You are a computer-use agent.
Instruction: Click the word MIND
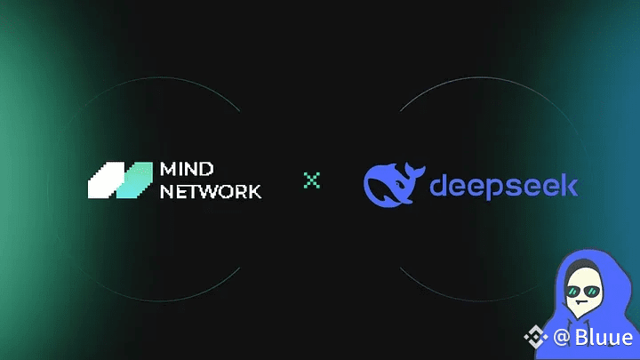pyautogui.click(x=187, y=169)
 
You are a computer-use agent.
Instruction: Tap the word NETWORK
pyautogui.click(x=211, y=191)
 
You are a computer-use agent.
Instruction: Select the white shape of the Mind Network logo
pyautogui.click(x=106, y=180)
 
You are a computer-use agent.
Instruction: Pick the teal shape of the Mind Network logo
pyautogui.click(x=135, y=180)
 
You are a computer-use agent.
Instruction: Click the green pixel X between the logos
pyautogui.click(x=312, y=180)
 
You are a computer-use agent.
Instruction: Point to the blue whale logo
pyautogui.click(x=394, y=185)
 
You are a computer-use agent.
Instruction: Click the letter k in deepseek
pyautogui.click(x=569, y=186)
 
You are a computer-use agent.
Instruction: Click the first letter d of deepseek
pyautogui.click(x=439, y=186)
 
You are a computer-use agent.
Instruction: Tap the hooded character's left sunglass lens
pyautogui.click(x=573, y=292)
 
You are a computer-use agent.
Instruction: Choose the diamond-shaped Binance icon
pyautogui.click(x=535, y=337)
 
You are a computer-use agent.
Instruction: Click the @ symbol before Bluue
pyautogui.click(x=562, y=338)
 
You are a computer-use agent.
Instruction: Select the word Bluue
pyautogui.click(x=604, y=338)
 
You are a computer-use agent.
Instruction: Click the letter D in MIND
pyautogui.click(x=206, y=169)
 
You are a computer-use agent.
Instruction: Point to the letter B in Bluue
pyautogui.click(x=581, y=338)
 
